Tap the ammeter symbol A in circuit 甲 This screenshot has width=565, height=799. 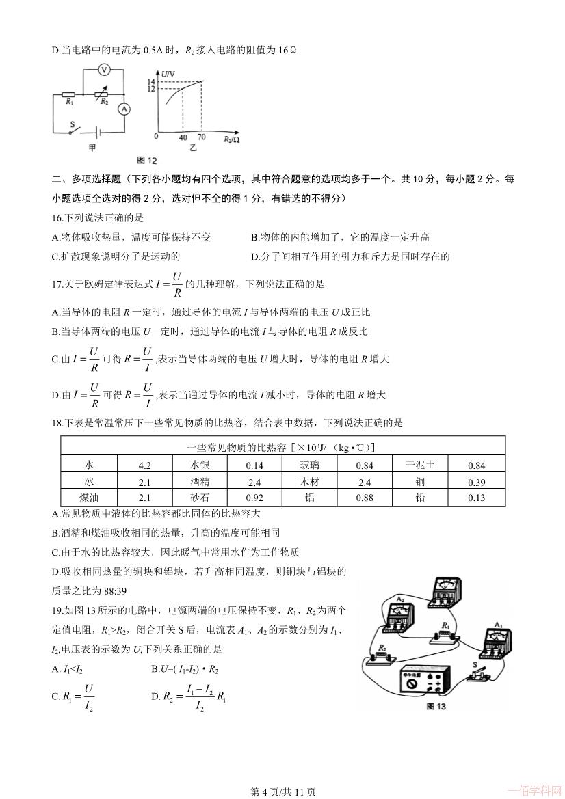[124, 109]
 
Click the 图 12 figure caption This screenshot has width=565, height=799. [147, 160]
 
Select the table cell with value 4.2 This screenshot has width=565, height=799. [144, 465]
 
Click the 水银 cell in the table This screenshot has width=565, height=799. [200, 465]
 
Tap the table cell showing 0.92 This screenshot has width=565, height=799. [254, 498]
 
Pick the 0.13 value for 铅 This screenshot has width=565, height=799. [476, 498]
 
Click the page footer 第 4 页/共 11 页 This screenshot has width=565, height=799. [282, 791]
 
